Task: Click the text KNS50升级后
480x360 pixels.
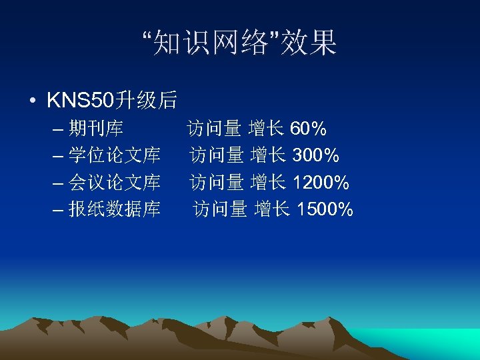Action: [112, 101]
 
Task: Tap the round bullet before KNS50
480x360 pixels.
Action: [33, 101]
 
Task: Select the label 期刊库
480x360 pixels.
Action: [96, 128]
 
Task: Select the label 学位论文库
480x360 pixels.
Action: [115, 155]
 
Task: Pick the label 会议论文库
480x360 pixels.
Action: [115, 182]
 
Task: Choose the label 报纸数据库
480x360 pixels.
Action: [115, 209]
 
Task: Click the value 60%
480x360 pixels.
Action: [308, 128]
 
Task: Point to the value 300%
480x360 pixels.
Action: [316, 155]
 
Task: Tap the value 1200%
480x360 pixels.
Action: [321, 182]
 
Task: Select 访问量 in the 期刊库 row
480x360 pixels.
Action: [214, 128]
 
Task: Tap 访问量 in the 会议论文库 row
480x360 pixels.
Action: [217, 182]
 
